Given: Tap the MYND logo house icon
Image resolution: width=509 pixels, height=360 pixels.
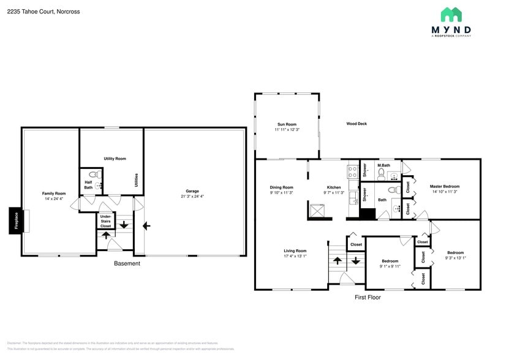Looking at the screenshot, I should pyautogui.click(x=451, y=15).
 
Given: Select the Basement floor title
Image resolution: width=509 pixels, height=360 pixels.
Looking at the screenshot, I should pyautogui.click(x=127, y=264).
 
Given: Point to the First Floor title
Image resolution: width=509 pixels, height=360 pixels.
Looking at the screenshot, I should pyautogui.click(x=368, y=298).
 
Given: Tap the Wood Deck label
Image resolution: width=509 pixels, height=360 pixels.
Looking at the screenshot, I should pyautogui.click(x=356, y=124).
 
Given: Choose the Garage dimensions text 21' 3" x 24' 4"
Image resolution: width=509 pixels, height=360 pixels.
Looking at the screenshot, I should pyautogui.click(x=192, y=197).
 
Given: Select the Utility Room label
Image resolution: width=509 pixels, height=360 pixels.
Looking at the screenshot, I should pyautogui.click(x=115, y=159).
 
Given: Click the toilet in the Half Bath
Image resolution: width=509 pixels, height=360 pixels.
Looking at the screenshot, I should pyautogui.click(x=92, y=174).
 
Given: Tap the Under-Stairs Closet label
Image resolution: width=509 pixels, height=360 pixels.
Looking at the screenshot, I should pyautogui.click(x=106, y=221).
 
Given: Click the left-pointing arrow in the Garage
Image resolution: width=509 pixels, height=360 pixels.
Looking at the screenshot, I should pyautogui.click(x=146, y=226).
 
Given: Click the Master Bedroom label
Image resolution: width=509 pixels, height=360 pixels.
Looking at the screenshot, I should pyautogui.click(x=444, y=186).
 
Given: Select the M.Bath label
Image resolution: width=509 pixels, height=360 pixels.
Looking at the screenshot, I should pyautogui.click(x=384, y=165).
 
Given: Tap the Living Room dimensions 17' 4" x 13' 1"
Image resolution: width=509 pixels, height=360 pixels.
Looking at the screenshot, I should pyautogui.click(x=295, y=256).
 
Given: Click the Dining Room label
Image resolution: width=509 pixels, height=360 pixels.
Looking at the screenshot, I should pyautogui.click(x=281, y=187).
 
